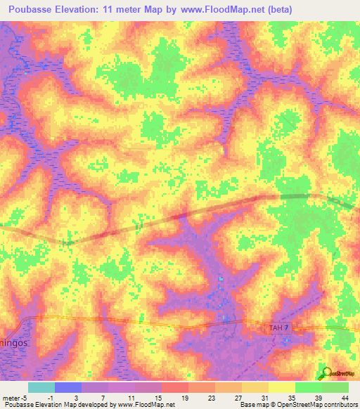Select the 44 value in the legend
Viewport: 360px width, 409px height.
click(345, 398)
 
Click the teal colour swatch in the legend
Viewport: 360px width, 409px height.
click(41, 387)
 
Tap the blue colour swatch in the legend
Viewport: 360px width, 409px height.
click(67, 387)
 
